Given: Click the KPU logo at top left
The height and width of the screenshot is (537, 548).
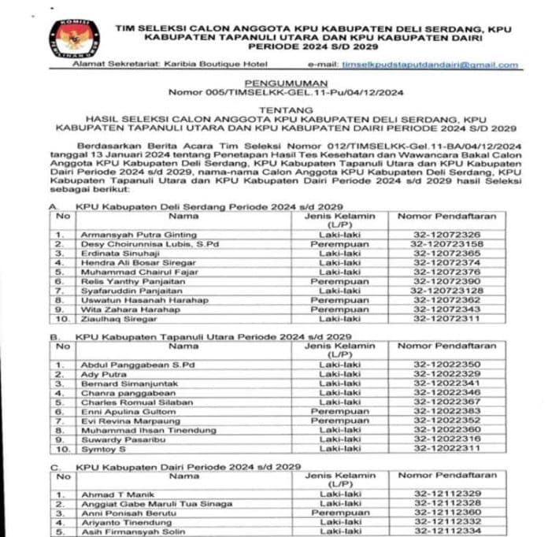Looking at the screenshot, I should click(x=74, y=38).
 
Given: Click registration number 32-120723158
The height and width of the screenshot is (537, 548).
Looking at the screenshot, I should click(x=446, y=244).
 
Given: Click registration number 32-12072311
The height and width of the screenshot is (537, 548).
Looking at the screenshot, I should click(x=446, y=318).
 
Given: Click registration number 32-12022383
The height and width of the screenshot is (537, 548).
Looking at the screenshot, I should click(x=446, y=411).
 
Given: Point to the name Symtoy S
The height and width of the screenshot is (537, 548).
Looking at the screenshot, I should click(x=103, y=448).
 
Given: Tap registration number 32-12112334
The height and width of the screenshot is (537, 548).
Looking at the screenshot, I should click(x=446, y=531).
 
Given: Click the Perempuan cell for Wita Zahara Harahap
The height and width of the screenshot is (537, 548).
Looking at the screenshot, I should click(x=339, y=309).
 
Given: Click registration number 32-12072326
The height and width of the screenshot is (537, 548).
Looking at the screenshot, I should click(x=446, y=235).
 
